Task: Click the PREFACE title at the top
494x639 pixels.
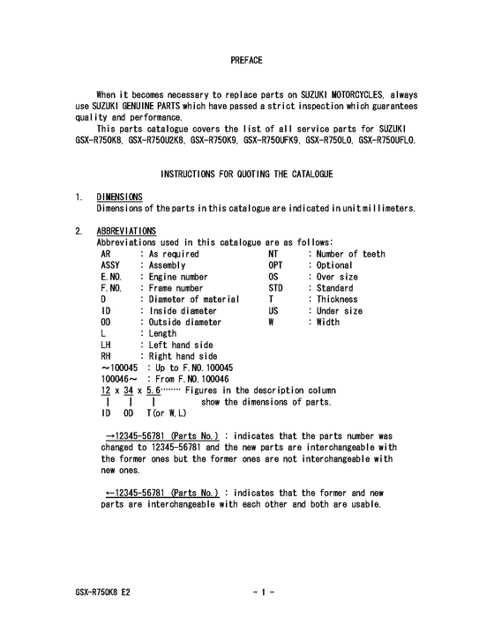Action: point(246,60)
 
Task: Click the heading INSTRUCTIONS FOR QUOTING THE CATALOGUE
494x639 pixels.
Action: point(246,175)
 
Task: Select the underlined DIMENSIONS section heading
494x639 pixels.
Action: point(120,197)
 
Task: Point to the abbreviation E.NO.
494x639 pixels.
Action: point(113,277)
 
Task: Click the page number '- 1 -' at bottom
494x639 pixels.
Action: point(264,593)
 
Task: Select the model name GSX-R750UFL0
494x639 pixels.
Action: point(387,139)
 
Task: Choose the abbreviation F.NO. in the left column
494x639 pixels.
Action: point(113,288)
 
